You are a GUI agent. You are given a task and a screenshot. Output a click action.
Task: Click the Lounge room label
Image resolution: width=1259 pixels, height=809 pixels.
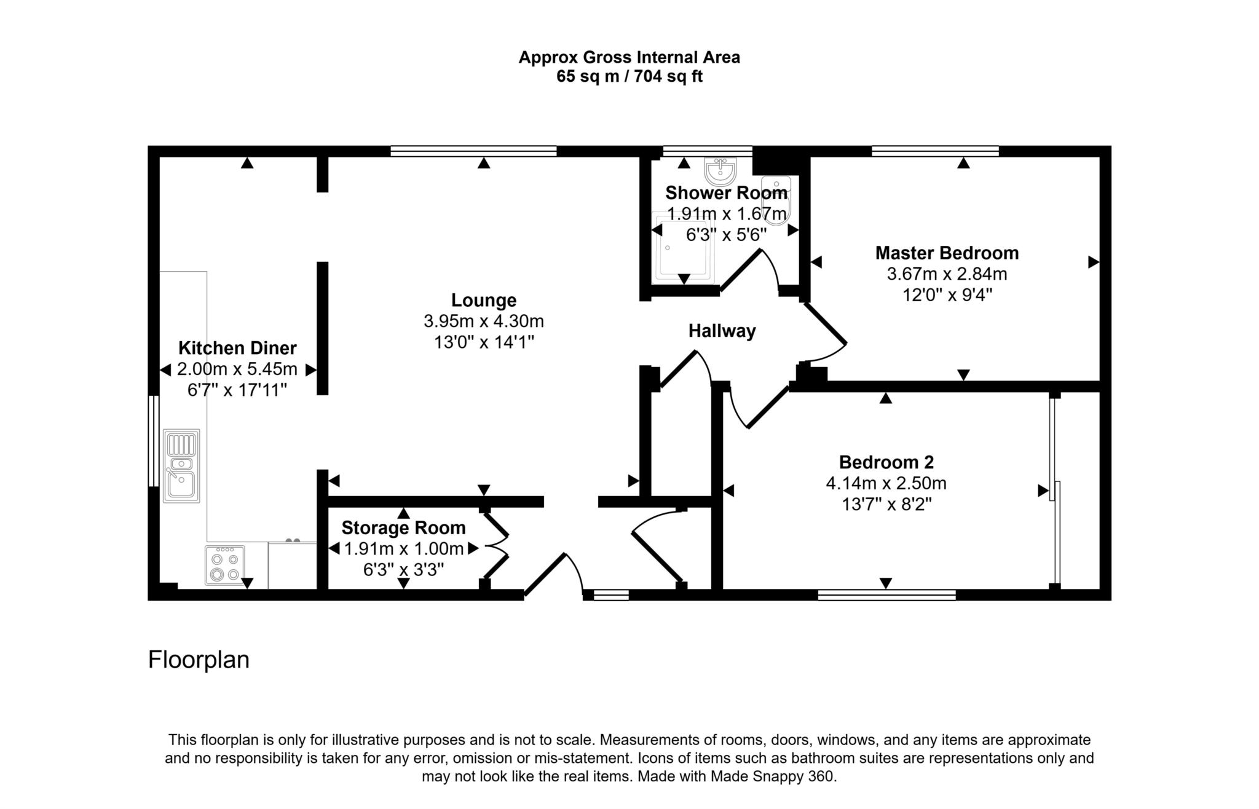(x=484, y=300)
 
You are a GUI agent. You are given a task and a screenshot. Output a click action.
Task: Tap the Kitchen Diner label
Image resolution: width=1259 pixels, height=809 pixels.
(x=237, y=348)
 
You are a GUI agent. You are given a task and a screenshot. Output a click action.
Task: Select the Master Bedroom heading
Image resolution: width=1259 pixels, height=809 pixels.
(x=947, y=253)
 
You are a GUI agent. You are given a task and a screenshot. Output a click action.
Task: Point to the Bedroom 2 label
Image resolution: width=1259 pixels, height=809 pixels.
(x=886, y=462)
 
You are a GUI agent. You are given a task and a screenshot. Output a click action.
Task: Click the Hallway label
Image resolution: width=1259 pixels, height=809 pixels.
(x=722, y=331)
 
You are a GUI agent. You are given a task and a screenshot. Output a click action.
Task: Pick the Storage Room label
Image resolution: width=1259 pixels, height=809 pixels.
(x=403, y=527)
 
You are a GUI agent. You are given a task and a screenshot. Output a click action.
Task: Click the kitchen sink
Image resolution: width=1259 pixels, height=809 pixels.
(x=181, y=465)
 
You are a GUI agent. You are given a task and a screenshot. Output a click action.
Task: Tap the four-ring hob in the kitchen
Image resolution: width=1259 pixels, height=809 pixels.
(x=224, y=566)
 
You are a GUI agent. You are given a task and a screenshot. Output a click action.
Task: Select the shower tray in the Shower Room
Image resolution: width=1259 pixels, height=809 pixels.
(x=682, y=247)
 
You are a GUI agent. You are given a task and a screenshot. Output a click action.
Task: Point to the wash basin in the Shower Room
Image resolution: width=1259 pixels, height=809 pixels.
(x=720, y=170)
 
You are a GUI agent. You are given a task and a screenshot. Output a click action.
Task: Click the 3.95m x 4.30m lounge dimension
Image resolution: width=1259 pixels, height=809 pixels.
(x=484, y=321)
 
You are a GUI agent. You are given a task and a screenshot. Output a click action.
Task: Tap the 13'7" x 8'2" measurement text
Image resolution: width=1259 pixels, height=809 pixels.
(x=886, y=504)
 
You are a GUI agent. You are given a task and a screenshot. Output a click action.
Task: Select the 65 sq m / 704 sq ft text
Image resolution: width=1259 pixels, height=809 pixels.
(x=629, y=77)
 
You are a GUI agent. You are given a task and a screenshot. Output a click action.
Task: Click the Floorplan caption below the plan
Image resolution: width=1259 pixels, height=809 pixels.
(x=199, y=660)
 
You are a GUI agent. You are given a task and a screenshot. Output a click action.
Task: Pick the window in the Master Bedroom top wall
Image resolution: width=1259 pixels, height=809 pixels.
(x=935, y=151)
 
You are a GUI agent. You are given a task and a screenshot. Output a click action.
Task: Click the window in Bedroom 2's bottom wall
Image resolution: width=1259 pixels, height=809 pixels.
(x=886, y=594)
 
